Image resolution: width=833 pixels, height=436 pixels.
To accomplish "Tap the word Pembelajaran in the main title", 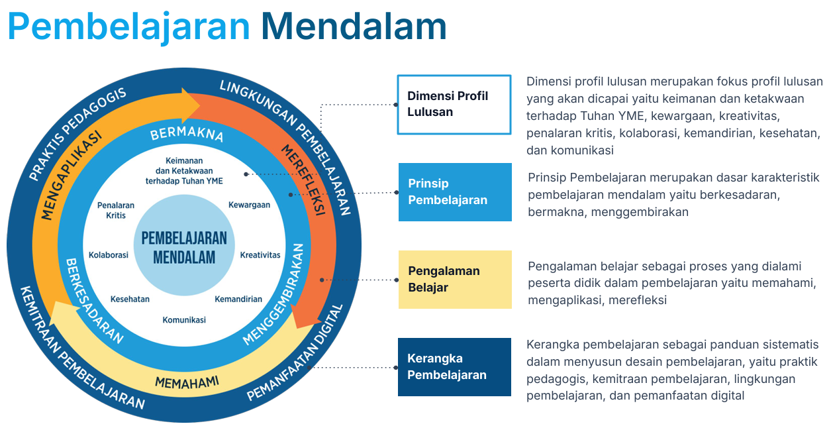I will [x=129, y=27].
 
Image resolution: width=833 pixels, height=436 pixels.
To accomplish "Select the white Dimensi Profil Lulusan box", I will [x=454, y=105].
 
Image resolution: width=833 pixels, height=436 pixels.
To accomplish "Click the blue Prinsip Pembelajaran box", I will [x=454, y=192].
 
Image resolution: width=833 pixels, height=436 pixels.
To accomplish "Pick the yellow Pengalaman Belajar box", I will [x=454, y=279].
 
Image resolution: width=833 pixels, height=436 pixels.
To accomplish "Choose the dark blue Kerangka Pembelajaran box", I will [x=454, y=366].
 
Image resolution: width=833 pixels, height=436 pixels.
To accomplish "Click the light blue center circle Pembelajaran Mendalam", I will [x=184, y=247].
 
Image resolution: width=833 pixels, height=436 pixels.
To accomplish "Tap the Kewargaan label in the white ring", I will [x=249, y=205].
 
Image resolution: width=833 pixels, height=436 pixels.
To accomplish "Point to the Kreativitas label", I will [x=260, y=255].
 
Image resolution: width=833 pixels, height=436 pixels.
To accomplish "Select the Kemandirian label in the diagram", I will [x=238, y=299].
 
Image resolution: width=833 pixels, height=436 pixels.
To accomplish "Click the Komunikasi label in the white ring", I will [x=184, y=319].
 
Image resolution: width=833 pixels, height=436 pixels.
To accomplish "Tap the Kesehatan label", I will [x=130, y=299].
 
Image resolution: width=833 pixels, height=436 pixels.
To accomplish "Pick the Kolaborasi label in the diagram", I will [x=109, y=255].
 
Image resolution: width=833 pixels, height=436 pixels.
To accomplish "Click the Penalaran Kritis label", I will [x=116, y=210].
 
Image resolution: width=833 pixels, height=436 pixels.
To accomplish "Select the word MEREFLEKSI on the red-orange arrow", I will [x=303, y=179].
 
